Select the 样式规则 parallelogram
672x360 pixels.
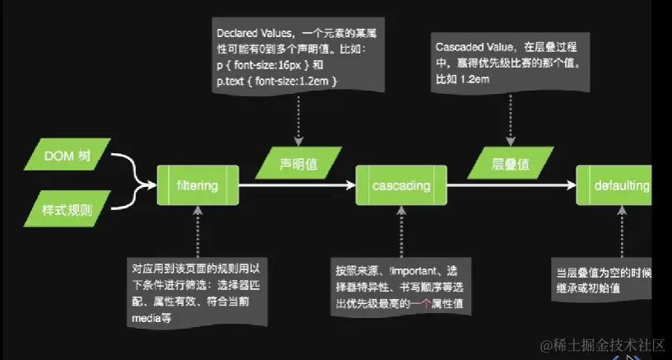coord(67,209)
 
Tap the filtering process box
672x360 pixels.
coord(198,185)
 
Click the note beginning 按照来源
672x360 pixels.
coord(399,286)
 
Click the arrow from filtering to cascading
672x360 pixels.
coord(296,185)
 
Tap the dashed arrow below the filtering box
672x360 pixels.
coord(198,231)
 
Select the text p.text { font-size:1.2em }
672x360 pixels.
coord(278,80)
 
